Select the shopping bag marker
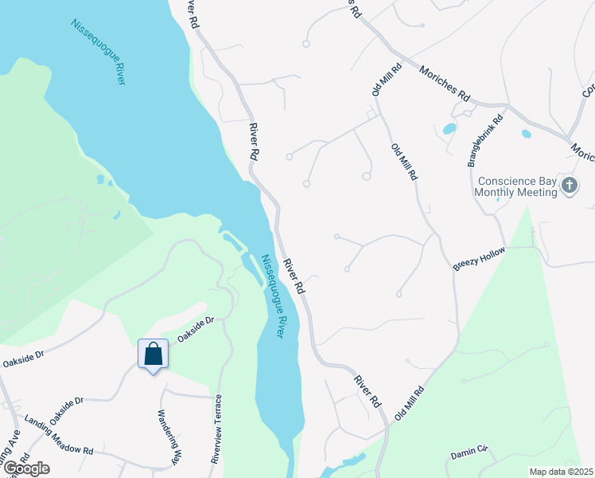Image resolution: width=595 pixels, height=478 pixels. tap(153, 354)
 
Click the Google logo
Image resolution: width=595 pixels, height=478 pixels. tap(25, 468)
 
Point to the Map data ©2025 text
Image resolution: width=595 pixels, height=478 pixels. tap(561, 472)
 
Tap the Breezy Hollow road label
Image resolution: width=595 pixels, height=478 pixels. tap(479, 258)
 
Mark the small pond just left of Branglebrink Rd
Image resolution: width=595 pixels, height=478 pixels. tap(449, 127)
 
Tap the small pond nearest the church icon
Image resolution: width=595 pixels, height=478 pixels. tap(527, 134)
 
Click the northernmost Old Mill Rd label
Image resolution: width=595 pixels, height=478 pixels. tap(387, 80)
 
